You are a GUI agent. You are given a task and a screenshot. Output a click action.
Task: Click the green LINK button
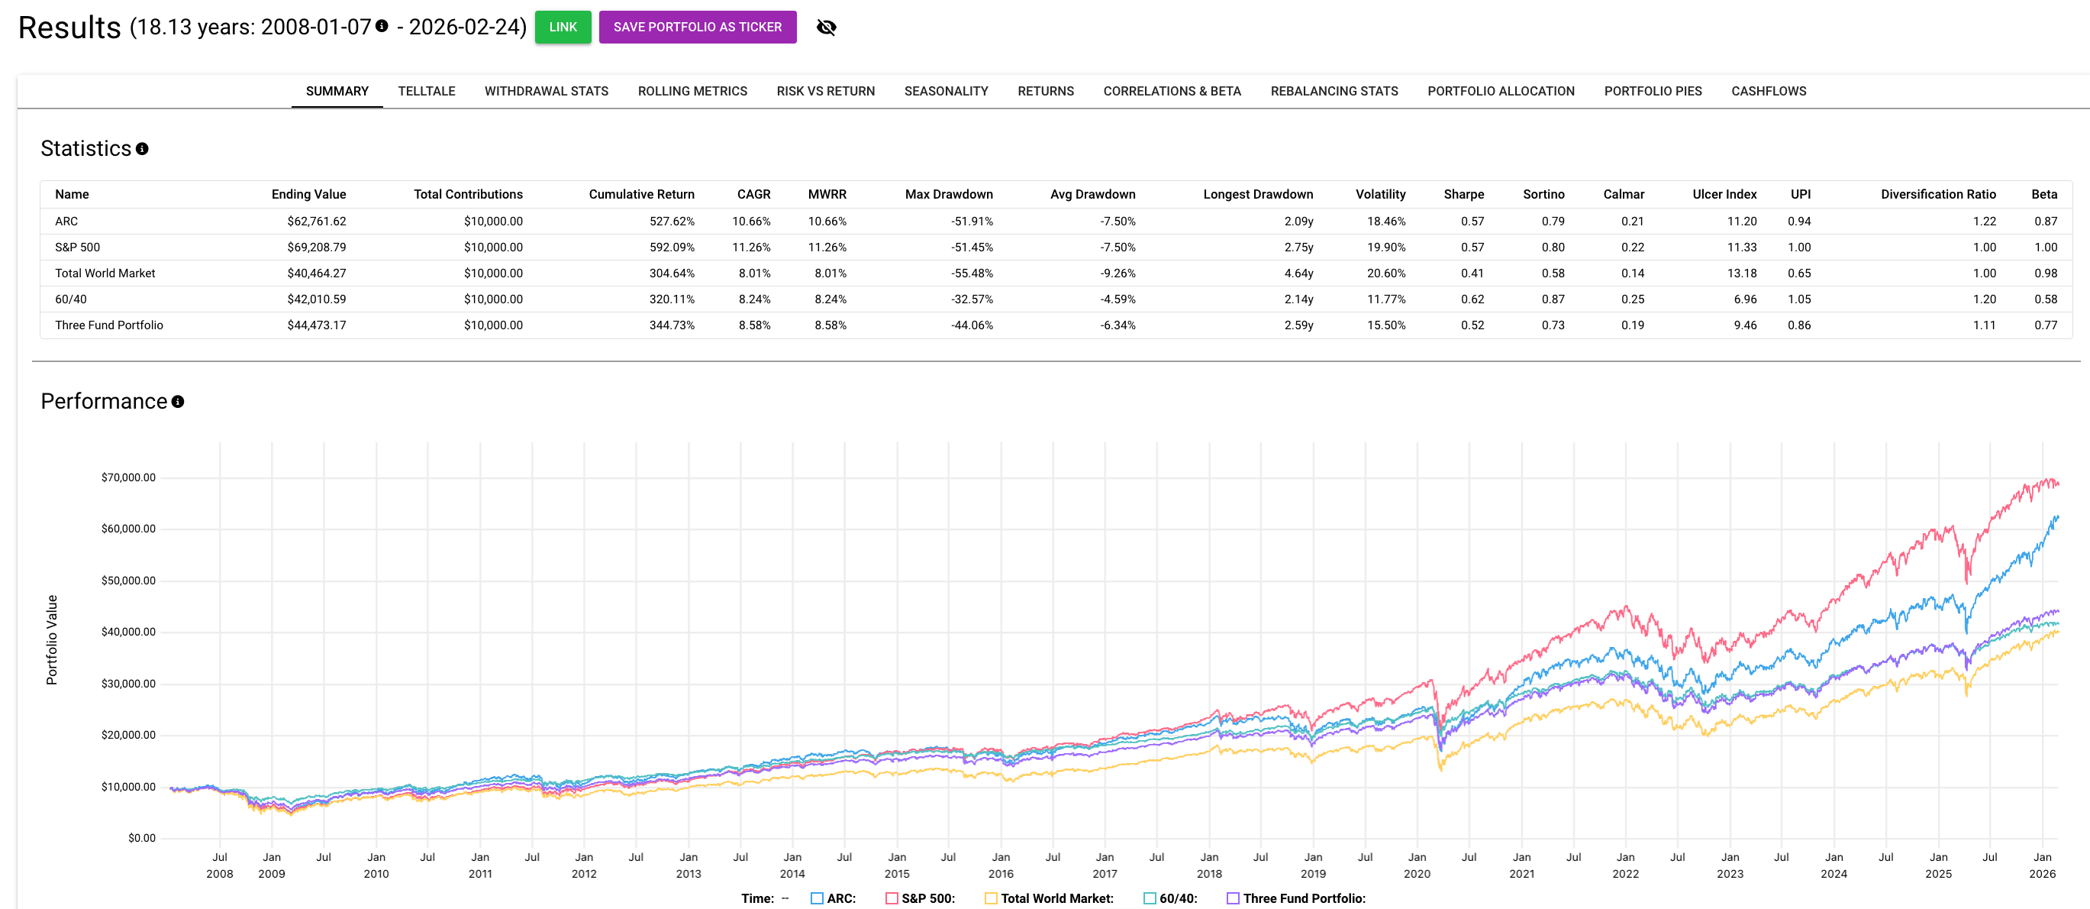(563, 27)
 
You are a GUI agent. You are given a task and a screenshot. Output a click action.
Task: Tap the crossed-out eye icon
(826, 27)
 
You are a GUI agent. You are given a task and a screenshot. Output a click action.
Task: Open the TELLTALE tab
(426, 91)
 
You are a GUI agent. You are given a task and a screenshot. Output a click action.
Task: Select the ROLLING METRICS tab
(692, 91)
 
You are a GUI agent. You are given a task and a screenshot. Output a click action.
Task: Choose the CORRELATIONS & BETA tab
(1172, 91)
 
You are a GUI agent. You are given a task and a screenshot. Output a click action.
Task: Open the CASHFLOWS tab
(1768, 91)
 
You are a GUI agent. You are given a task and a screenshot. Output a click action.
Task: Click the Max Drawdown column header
(949, 194)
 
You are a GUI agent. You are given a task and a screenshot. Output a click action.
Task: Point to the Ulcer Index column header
(1724, 194)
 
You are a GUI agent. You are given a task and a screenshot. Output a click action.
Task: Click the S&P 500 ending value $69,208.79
(317, 247)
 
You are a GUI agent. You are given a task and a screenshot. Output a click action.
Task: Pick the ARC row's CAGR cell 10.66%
(750, 221)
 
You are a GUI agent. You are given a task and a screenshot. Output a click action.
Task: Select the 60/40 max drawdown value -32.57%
(971, 299)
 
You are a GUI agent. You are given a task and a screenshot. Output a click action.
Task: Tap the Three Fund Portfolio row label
(108, 325)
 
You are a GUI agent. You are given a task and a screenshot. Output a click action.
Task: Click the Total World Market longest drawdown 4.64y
(1298, 273)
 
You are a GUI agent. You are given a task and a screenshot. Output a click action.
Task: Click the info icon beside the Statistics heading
(142, 148)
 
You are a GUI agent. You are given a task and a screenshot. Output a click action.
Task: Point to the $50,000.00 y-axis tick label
(128, 581)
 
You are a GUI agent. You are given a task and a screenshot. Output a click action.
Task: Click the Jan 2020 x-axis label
(1417, 865)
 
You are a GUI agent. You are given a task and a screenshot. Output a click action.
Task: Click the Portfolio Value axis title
(52, 639)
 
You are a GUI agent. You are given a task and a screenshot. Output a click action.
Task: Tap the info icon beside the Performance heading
(178, 402)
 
